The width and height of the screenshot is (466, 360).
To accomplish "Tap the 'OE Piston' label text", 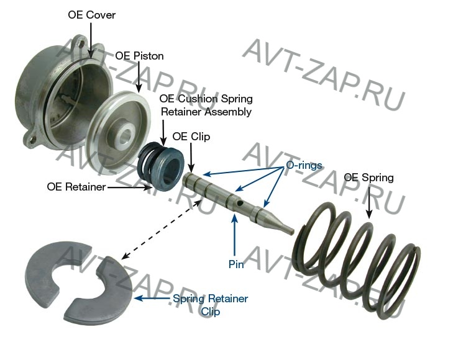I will (139, 56).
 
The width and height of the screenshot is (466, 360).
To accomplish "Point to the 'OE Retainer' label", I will (76, 186).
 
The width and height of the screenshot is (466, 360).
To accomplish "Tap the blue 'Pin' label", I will (235, 263).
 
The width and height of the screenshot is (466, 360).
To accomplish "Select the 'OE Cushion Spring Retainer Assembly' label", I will (206, 106).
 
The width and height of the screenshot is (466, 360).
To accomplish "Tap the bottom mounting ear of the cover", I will (33, 135).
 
